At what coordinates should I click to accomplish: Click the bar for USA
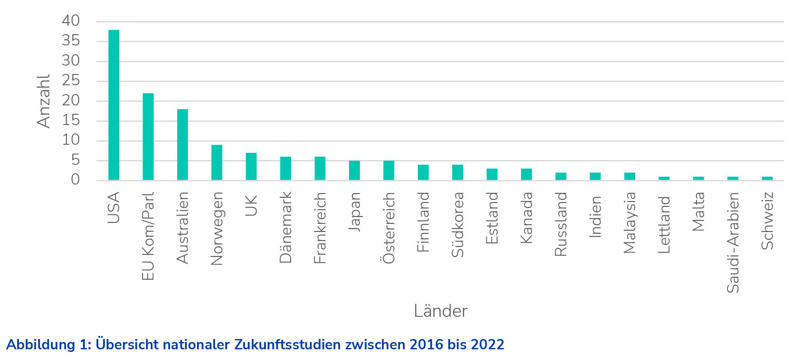114,105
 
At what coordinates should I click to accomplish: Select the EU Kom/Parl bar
148,137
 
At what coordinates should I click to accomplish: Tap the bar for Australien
182,144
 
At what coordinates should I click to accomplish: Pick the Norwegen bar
217,162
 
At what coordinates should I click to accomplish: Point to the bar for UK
251,166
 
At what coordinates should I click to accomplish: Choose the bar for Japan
354,170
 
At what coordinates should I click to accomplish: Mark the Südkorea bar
458,172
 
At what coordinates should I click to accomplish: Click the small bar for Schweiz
767,178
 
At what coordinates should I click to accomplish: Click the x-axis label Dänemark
286,227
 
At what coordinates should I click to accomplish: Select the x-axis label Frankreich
320,228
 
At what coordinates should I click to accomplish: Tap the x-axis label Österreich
389,228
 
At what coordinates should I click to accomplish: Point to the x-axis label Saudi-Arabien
733,242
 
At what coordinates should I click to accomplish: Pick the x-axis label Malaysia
630,223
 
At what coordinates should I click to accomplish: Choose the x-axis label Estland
492,218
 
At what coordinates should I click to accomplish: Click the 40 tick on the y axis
71,21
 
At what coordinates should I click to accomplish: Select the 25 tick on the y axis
71,80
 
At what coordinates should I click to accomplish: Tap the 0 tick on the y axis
75,180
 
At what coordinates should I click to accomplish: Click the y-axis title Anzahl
44,101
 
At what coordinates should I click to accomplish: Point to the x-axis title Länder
440,311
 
